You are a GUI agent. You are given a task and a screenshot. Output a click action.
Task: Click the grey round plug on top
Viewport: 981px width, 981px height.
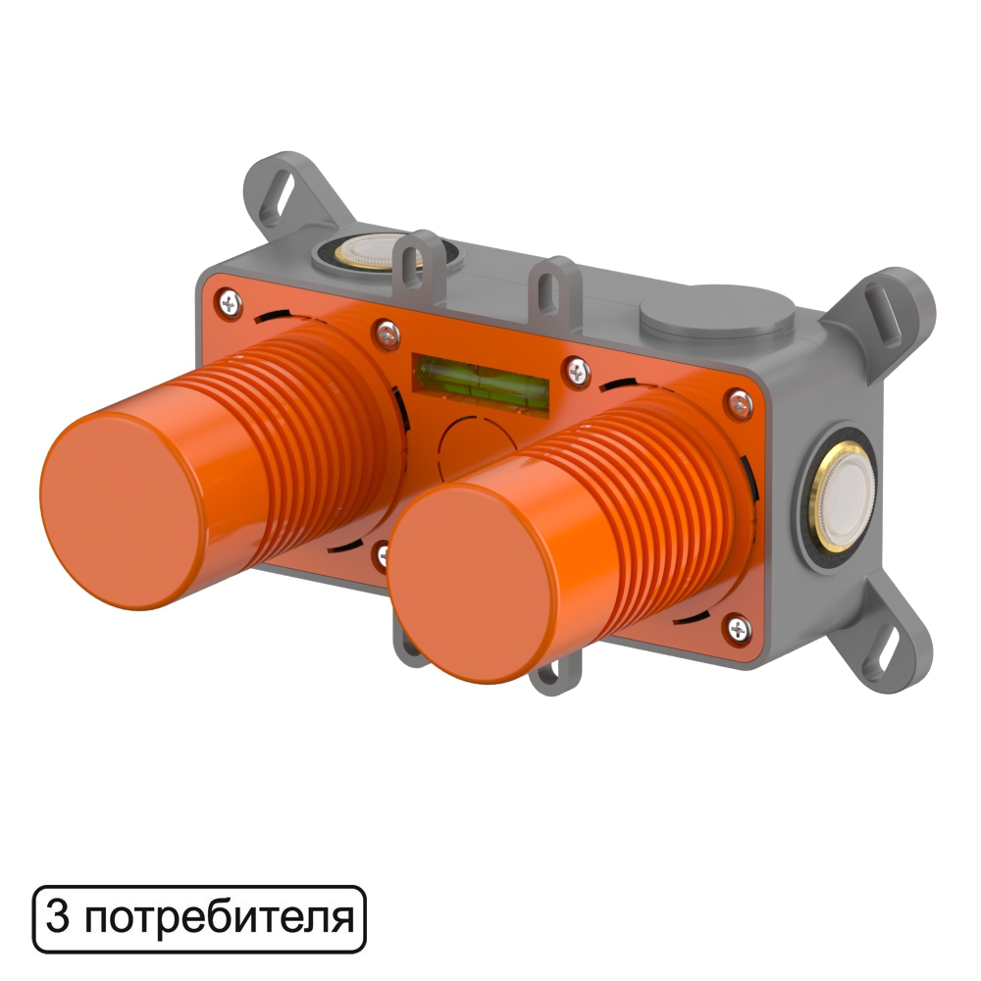pyautogui.click(x=717, y=311)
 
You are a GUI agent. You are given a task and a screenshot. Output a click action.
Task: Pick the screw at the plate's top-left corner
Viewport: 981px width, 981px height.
pyautogui.click(x=231, y=303)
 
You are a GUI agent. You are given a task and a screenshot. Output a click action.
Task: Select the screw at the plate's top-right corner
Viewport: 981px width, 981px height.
pyautogui.click(x=741, y=403)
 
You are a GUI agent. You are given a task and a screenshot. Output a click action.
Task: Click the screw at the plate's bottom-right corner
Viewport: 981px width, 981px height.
pyautogui.click(x=740, y=629)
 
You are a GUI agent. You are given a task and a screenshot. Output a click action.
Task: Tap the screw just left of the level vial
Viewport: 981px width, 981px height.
pyautogui.click(x=387, y=336)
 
